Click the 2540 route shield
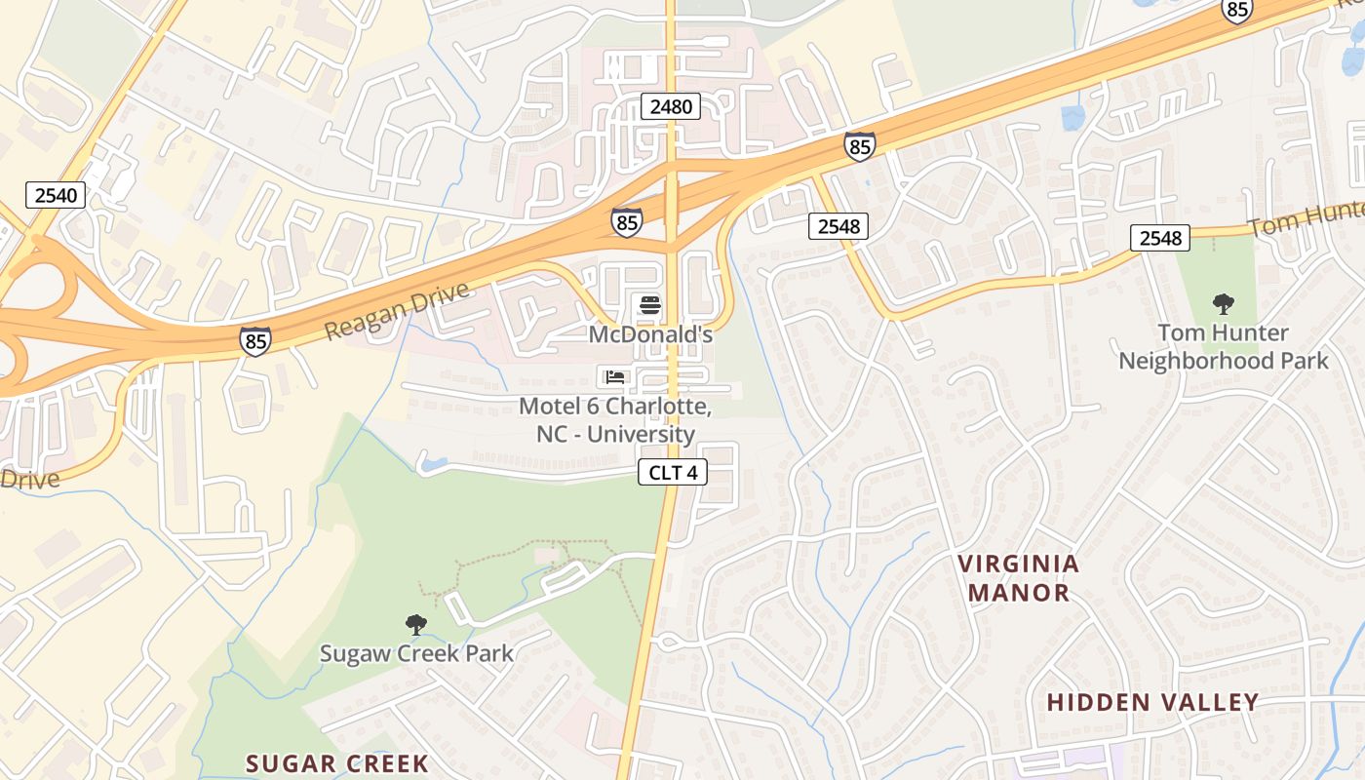point(56,195)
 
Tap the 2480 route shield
point(671,106)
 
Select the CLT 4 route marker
point(672,473)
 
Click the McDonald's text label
point(650,334)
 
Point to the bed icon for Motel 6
point(614,376)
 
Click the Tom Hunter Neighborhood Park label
point(1223,347)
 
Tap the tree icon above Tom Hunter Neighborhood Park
point(1223,304)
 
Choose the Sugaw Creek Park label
point(416,652)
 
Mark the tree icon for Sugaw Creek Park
point(416,624)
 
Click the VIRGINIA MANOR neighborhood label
point(1019,577)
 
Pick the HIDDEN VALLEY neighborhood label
point(1152,702)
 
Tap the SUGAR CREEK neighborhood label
point(336,763)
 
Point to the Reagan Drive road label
point(397,311)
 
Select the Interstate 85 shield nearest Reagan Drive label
point(255,340)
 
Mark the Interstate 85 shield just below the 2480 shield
point(627,222)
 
